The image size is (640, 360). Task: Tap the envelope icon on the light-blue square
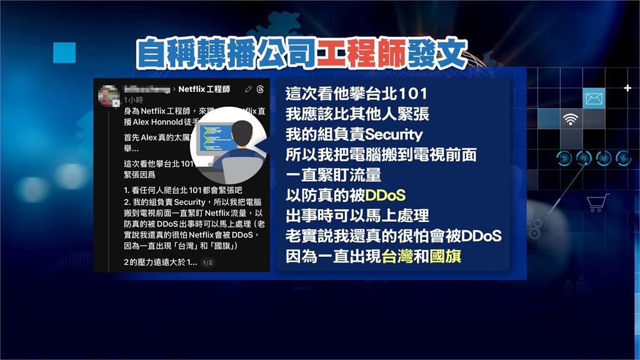click(x=594, y=97)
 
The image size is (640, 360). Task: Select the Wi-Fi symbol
click(x=569, y=119)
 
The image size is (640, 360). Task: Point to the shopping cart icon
click(x=597, y=202)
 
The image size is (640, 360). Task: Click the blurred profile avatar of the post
click(x=110, y=95)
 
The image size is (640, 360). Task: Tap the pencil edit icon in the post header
click(x=249, y=89)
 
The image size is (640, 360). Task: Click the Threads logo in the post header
click(x=261, y=89)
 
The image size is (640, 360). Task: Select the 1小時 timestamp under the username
click(x=133, y=100)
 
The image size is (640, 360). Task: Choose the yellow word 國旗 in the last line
click(x=445, y=256)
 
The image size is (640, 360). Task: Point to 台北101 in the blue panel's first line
click(x=393, y=94)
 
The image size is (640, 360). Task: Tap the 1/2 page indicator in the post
click(x=208, y=262)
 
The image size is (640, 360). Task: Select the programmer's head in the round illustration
click(x=242, y=133)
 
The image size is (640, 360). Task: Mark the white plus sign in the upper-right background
click(x=627, y=88)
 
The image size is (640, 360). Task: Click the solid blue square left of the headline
click(x=64, y=52)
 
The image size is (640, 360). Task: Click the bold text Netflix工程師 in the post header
click(x=204, y=89)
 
